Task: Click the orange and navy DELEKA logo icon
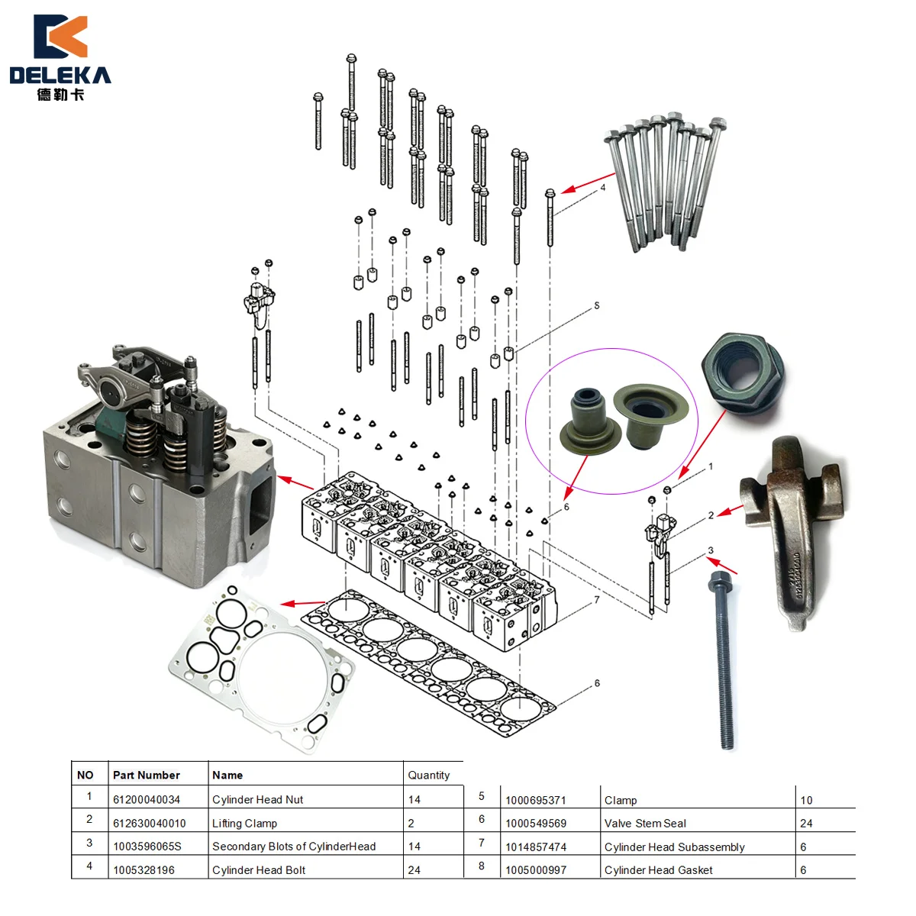tap(60, 36)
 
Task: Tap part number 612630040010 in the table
tap(150, 824)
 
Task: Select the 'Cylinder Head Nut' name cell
tap(258, 799)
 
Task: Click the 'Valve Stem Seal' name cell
tap(645, 824)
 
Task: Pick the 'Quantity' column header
tap(428, 776)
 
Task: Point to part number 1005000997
tap(536, 870)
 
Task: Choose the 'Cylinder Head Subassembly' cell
tap(674, 847)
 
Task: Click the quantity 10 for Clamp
tap(806, 800)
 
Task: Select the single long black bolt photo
tap(723, 661)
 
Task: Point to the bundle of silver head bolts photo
tap(666, 181)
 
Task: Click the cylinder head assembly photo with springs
tap(160, 466)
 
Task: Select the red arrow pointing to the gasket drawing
tap(302, 603)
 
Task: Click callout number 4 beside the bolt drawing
tap(603, 187)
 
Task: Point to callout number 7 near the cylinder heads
tap(597, 600)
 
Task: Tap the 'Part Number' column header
tap(147, 776)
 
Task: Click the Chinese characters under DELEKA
tap(60, 95)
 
